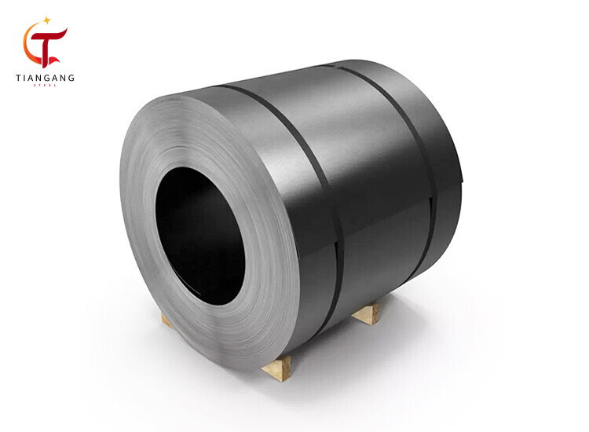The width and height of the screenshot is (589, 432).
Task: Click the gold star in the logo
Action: pos(46,19)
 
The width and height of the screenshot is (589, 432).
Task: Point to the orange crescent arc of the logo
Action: pos(30,46)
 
